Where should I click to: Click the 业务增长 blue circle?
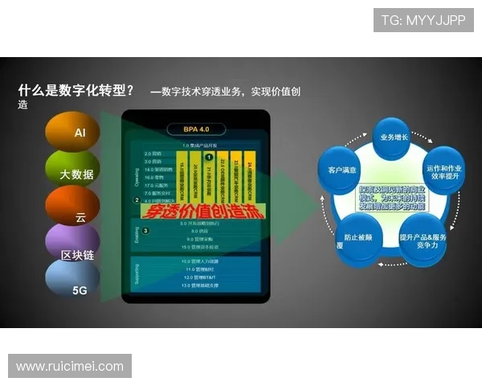(x=394, y=138)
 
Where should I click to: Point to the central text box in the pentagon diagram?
(x=393, y=193)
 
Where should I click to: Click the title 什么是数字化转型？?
(x=76, y=90)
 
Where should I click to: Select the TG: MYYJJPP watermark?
(x=423, y=19)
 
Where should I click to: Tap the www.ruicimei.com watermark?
(x=70, y=367)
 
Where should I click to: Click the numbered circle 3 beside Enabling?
(x=145, y=230)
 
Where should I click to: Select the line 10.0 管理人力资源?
(x=201, y=261)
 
